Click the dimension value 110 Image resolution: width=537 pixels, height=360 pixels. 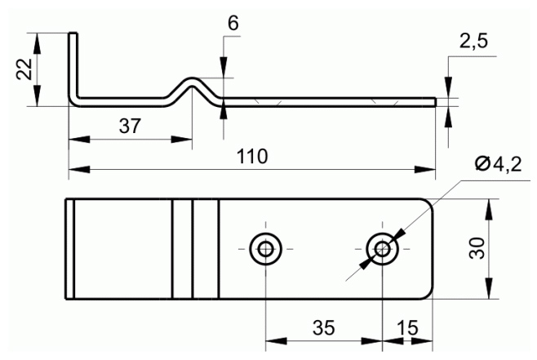pos(252,157)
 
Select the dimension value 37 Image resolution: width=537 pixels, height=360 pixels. pos(130,126)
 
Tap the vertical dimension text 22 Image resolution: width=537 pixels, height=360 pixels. pos(24,69)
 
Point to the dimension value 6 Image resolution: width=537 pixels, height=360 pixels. pos(233,24)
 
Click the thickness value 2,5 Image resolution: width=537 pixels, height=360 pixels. pos(473,42)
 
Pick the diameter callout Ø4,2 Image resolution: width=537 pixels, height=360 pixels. pos(499,164)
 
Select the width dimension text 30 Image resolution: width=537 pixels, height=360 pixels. pos(477,248)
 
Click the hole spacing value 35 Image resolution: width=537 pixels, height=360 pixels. pos(323,328)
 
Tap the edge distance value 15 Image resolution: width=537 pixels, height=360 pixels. pos(407,328)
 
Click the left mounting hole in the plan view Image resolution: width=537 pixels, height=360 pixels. pos(265,249)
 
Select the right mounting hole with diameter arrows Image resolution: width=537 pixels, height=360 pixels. pos(382,249)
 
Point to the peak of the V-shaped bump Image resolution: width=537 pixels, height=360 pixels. pos(192,79)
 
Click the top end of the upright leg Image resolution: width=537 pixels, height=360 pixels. pos(73,33)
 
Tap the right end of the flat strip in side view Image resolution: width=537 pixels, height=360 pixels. pos(436,102)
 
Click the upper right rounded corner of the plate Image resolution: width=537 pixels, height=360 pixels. pos(428,203)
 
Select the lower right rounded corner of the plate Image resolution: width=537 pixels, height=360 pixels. pos(428,294)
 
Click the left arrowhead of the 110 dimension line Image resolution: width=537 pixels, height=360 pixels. pos(79,169)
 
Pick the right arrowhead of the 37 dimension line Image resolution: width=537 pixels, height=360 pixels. pos(181,140)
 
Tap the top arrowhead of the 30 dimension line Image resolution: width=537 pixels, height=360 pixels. pos(489,209)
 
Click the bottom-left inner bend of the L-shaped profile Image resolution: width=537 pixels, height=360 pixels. pos(79,96)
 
